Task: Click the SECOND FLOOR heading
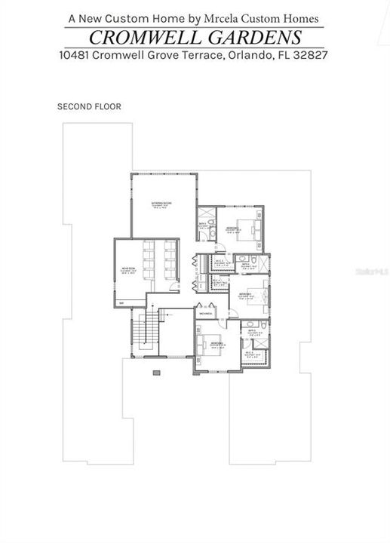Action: pos(89,106)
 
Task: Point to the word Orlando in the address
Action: pos(249,55)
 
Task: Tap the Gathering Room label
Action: pos(161,205)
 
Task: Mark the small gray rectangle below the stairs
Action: pos(156,373)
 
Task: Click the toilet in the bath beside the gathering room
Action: pos(213,235)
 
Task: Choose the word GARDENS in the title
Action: pos(261,38)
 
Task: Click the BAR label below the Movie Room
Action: pos(121,303)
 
